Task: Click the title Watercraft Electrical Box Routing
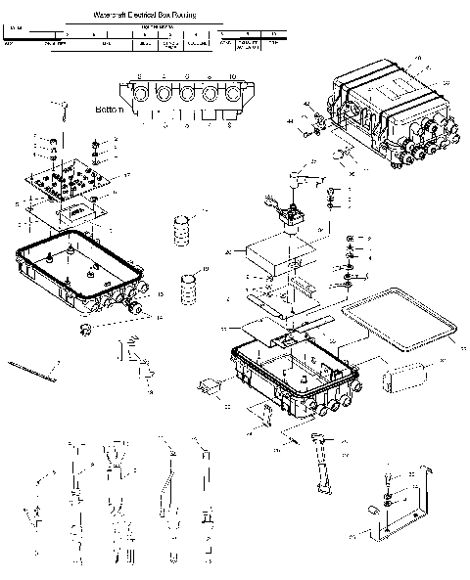click(137, 17)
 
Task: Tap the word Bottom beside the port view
click(110, 110)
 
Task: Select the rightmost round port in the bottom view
click(234, 97)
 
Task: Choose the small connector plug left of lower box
click(208, 389)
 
